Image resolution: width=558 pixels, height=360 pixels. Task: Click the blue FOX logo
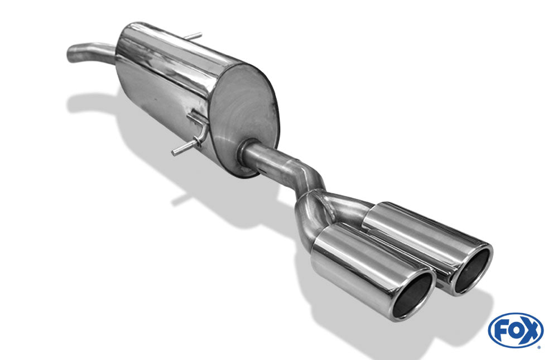click(x=516, y=330)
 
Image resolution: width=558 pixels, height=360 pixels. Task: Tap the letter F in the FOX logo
click(x=501, y=331)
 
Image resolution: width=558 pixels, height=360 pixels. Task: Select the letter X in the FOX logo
click(x=530, y=331)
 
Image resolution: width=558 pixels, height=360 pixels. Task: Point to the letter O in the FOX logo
click(x=515, y=331)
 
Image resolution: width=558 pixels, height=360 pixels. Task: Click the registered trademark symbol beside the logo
click(x=539, y=347)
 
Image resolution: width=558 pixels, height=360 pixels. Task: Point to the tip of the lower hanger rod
click(x=174, y=152)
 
